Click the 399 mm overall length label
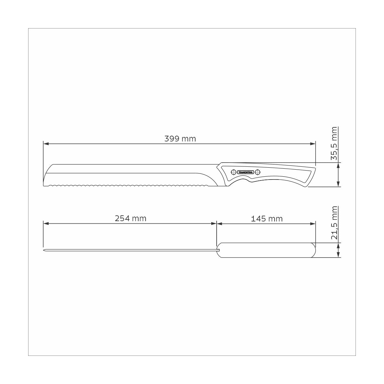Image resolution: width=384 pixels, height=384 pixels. [x=180, y=139]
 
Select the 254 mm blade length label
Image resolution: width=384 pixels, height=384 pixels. [x=130, y=219]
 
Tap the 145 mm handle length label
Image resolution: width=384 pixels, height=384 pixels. [x=267, y=219]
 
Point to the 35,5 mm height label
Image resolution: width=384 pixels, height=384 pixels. [x=334, y=143]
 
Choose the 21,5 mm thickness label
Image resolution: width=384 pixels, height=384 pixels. [x=334, y=223]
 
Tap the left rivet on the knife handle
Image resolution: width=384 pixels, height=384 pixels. [x=234, y=172]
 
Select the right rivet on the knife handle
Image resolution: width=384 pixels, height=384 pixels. [x=258, y=172]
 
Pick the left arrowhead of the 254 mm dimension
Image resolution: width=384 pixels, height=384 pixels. [x=45, y=224]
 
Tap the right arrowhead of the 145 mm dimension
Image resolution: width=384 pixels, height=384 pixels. [x=313, y=224]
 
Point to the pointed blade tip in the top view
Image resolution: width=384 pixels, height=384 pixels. [x=44, y=250]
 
